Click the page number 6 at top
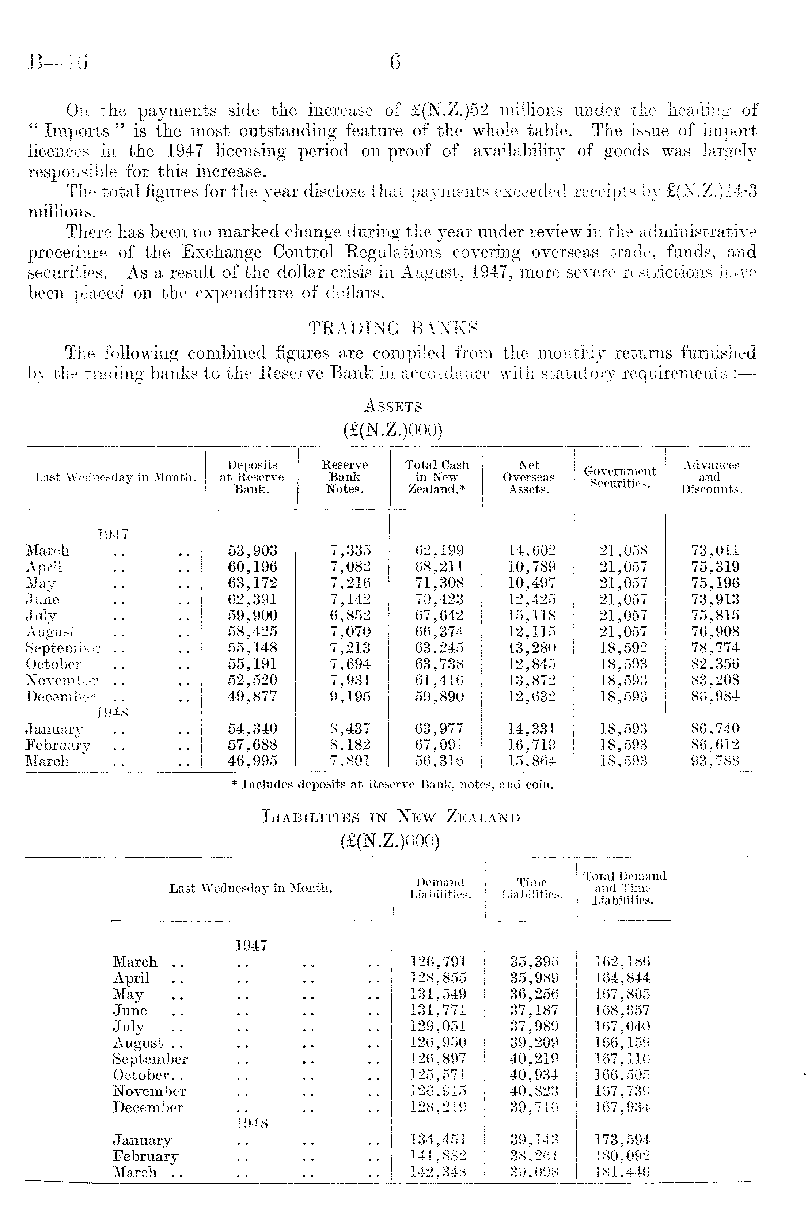click(395, 63)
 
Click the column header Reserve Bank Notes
click(344, 477)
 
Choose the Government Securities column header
click(620, 477)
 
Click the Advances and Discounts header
click(711, 477)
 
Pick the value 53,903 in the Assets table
click(253, 550)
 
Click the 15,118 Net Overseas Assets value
click(532, 616)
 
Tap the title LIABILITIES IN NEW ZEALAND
click(391, 817)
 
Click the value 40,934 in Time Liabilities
click(534, 1075)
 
